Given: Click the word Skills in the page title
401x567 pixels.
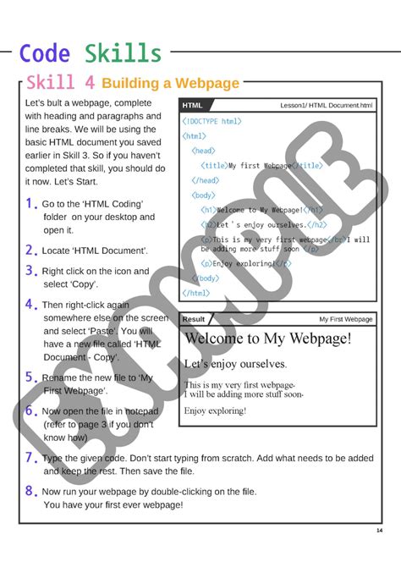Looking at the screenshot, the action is pyautogui.click(x=123, y=53).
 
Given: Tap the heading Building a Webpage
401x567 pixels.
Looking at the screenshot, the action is pyautogui.click(x=170, y=83).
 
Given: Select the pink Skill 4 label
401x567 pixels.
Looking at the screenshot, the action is pyautogui.click(x=60, y=83).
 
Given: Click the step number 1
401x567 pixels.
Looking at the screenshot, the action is pyautogui.click(x=31, y=204).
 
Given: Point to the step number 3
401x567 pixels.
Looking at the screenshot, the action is pyautogui.click(x=31, y=271).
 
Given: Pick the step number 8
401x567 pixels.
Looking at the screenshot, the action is pyautogui.click(x=30, y=491).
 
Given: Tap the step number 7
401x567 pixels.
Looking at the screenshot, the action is pyautogui.click(x=30, y=458).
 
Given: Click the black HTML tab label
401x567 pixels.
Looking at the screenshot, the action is pyautogui.click(x=193, y=106).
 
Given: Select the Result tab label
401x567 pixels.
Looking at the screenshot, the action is pyautogui.click(x=194, y=320).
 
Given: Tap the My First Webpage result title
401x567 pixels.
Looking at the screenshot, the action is pyautogui.click(x=345, y=320).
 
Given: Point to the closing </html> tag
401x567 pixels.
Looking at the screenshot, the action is pyautogui.click(x=196, y=293).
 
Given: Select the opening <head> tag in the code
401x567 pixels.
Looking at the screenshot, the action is pyautogui.click(x=205, y=151).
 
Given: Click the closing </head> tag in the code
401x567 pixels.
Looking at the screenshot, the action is pyautogui.click(x=206, y=180).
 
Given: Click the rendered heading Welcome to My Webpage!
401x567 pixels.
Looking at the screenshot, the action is pyautogui.click(x=267, y=339).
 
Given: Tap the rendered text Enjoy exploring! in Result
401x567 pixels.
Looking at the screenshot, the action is pyautogui.click(x=215, y=411).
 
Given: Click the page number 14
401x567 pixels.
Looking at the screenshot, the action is pyautogui.click(x=379, y=531).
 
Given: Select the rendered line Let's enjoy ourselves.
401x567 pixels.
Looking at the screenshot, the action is pyautogui.click(x=234, y=365).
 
